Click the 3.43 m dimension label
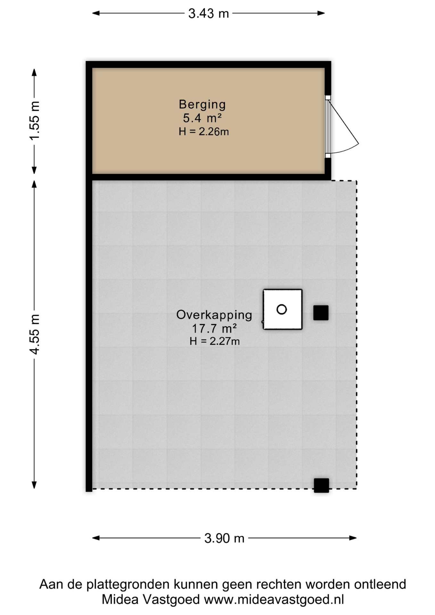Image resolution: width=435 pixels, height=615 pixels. (209, 13)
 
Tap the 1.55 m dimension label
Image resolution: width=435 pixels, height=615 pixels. (35, 120)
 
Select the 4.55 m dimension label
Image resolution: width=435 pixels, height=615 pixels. (35, 334)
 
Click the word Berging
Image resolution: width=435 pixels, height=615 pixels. (202, 104)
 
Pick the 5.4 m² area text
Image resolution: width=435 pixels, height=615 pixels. (202, 118)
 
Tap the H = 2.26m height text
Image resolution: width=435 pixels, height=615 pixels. (204, 132)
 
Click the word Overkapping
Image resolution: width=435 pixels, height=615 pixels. (214, 315)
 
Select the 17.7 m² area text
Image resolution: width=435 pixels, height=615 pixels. (214, 329)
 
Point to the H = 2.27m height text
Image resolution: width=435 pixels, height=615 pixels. (214, 341)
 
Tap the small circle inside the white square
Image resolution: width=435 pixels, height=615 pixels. (282, 309)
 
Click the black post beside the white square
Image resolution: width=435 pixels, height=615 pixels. (321, 313)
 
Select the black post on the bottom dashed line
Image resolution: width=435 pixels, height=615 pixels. (321, 485)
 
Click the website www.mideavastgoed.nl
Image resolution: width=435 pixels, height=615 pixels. (274, 599)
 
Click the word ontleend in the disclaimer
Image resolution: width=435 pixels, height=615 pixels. (380, 584)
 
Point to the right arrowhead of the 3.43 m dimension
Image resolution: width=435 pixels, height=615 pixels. (321, 13)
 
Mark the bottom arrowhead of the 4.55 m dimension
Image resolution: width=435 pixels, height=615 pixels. (34, 485)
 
